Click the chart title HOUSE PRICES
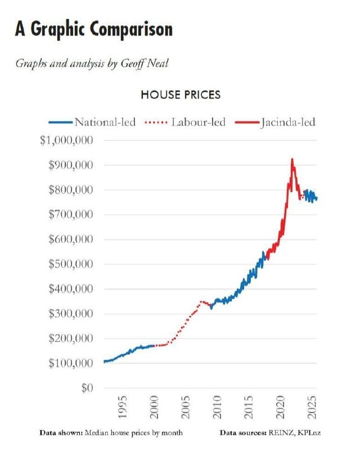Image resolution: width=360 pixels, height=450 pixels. [x=180, y=94]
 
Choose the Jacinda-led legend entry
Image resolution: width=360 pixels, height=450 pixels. [x=287, y=121]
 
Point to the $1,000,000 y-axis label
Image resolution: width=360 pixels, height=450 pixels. [x=66, y=140]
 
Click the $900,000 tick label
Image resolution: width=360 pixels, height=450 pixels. [x=69, y=165]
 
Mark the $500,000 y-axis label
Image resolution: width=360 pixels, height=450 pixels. [x=69, y=264]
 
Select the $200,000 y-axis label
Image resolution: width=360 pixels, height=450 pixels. [x=69, y=339]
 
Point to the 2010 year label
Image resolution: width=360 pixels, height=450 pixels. [x=217, y=408]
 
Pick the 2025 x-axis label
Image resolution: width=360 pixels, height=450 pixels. [x=308, y=408]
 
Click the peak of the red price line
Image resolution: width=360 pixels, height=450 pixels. [x=292, y=160]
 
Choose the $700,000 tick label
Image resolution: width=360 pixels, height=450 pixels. [x=69, y=215]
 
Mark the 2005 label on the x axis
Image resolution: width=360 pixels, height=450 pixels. [x=186, y=408]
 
